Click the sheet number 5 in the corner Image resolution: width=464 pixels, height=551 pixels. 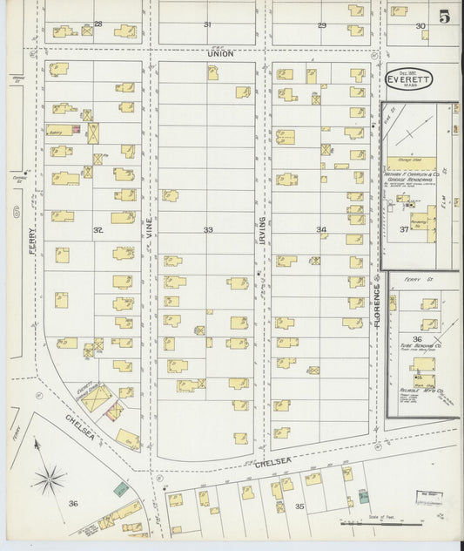[445, 16]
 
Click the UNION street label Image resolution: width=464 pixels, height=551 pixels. [217, 54]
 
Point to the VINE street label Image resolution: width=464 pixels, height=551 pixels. [149, 228]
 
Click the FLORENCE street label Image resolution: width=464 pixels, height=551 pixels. [378, 305]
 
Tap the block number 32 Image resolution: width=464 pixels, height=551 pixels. [98, 231]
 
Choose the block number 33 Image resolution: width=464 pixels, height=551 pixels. [208, 230]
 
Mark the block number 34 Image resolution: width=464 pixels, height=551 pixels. [321, 230]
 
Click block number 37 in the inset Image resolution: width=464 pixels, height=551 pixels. [403, 230]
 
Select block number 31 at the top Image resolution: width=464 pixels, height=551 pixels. [207, 24]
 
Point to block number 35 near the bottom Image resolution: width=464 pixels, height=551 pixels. [299, 506]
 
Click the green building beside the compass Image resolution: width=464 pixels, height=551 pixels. [120, 489]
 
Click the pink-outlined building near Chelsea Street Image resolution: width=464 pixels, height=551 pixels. [113, 410]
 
